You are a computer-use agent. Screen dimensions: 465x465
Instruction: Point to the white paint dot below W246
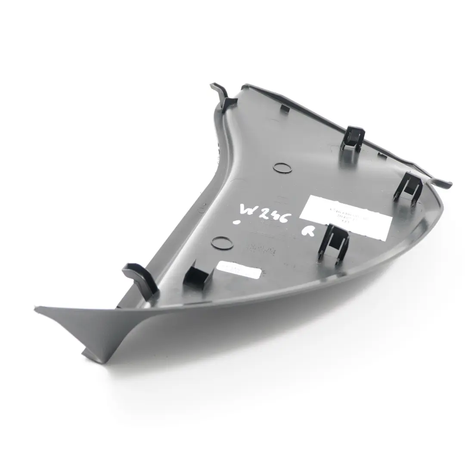(x=236, y=223)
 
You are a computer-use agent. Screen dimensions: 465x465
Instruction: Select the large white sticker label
(x=347, y=214)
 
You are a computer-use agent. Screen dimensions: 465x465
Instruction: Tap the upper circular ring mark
(x=282, y=167)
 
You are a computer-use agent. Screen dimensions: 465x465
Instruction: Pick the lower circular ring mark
(x=222, y=243)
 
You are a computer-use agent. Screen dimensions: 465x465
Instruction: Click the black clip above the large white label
(x=353, y=138)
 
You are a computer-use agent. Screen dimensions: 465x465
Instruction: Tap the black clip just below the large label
(x=334, y=243)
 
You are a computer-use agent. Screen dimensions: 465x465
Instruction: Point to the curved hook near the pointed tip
(x=140, y=278)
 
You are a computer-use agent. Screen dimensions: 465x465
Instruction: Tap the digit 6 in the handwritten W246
(x=286, y=212)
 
